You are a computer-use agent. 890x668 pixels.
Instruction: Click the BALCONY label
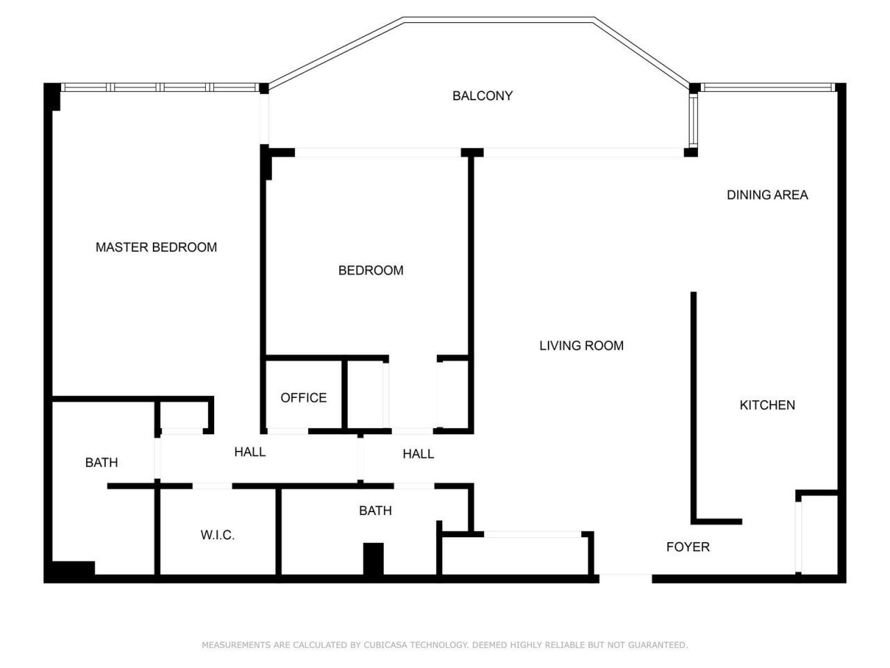482,96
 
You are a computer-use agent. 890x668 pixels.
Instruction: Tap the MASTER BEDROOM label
156,247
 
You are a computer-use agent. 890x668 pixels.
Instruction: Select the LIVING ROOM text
581,345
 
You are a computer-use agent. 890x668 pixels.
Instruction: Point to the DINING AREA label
767,195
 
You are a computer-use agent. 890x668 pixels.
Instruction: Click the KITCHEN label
767,405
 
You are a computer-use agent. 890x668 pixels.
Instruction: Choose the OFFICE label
303,397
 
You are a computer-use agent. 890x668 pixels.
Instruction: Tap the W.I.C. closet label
218,535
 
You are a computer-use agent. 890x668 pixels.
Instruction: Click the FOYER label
688,547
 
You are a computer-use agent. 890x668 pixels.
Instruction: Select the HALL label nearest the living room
418,454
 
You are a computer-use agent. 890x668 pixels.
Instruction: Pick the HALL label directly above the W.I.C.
250,452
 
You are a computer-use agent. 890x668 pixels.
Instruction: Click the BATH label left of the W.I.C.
102,462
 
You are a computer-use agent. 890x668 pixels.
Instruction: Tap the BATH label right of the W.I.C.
375,511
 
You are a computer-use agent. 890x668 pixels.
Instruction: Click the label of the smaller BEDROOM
371,270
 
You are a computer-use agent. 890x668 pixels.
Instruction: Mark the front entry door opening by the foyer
625,576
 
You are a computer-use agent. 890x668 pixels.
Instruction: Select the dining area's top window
767,88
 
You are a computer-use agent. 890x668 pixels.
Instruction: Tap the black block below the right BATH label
373,559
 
